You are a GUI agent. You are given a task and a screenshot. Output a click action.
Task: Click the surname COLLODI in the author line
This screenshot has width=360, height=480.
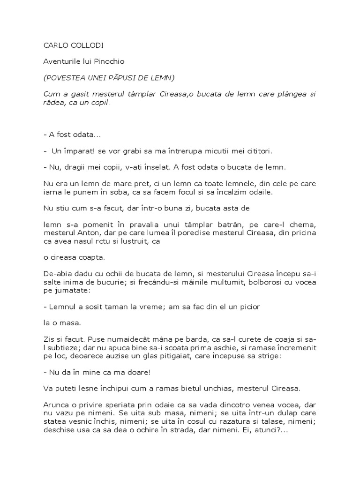tap(88, 46)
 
